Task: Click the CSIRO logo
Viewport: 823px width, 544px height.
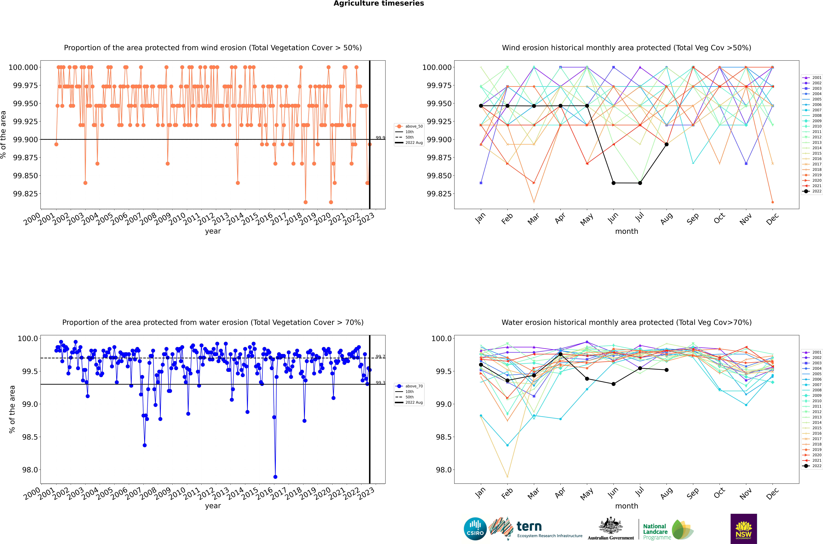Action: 475,529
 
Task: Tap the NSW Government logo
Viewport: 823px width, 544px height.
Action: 743,529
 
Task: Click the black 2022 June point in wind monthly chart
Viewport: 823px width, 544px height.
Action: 614,183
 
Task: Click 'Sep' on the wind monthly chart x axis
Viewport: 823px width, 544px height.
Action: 693,219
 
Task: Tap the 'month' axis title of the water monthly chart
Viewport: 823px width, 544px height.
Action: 626,506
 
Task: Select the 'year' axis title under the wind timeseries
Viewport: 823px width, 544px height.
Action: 213,231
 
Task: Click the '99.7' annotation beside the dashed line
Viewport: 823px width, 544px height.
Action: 380,357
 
